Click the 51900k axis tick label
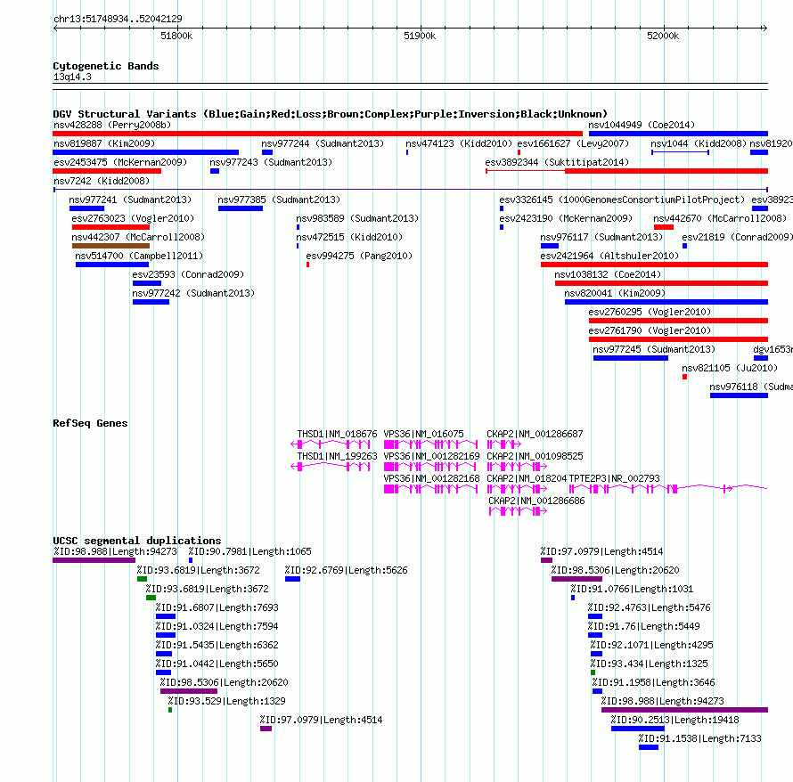[x=420, y=36]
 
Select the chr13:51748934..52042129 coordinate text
[x=118, y=19]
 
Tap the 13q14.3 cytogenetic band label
[x=72, y=77]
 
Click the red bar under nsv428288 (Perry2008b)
[x=317, y=134]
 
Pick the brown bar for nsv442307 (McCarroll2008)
[x=110, y=246]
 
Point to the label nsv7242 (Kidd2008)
[x=102, y=181]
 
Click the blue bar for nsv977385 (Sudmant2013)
[x=241, y=208]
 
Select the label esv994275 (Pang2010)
[x=359, y=256]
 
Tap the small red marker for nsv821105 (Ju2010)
[x=684, y=377]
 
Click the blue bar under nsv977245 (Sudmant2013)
[x=631, y=358]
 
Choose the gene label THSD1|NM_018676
[x=337, y=434]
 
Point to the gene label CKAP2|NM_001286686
[x=536, y=501]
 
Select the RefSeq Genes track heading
[x=90, y=423]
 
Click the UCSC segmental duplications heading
[x=137, y=541]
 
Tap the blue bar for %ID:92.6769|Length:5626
[x=292, y=579]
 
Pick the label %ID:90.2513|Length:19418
[x=674, y=720]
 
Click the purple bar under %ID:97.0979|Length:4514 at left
[x=266, y=729]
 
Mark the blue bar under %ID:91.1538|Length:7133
[x=649, y=747]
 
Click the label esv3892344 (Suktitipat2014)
[x=557, y=162]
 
